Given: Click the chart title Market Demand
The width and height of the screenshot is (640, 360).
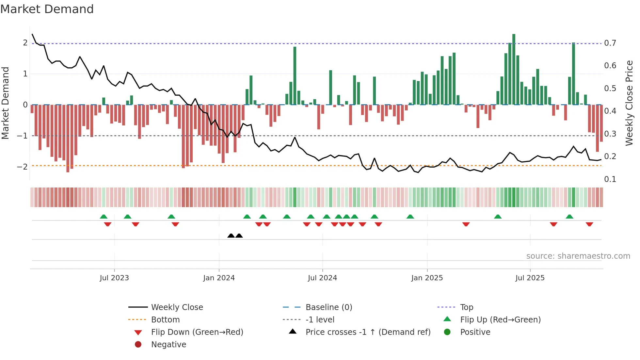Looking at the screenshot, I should point(47,9).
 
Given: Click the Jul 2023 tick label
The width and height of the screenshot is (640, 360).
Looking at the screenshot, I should point(114,278).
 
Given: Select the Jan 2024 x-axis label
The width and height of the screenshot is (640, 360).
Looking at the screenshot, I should point(219,278).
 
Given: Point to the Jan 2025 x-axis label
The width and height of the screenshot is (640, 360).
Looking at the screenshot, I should point(427,278).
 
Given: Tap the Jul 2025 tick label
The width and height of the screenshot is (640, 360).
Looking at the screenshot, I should point(530,278).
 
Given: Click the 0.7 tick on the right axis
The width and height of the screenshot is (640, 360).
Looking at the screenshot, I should point(610,43).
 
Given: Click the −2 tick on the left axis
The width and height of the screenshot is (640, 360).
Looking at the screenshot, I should point(23,167).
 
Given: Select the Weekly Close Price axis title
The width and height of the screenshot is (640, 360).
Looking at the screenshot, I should point(629,103).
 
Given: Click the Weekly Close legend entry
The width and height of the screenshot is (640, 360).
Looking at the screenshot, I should point(177,307).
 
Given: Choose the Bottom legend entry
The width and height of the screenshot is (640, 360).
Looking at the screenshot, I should point(165,320).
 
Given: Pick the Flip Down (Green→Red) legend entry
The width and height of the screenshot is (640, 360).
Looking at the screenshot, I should point(197,332).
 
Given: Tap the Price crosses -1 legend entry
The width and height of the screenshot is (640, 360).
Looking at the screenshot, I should point(368,332).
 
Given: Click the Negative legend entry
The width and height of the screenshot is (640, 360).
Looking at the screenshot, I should point(168,345).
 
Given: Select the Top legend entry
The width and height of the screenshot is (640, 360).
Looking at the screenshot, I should point(466,307).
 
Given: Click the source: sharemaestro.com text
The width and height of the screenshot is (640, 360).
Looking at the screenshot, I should point(578,256).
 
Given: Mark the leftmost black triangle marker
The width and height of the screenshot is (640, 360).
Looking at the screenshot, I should point(231,236).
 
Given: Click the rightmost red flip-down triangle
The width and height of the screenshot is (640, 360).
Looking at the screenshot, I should point(589,224).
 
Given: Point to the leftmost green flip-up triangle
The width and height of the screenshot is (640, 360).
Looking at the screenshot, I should point(104,217).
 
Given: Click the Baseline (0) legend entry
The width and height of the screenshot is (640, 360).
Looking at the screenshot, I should point(328,307).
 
